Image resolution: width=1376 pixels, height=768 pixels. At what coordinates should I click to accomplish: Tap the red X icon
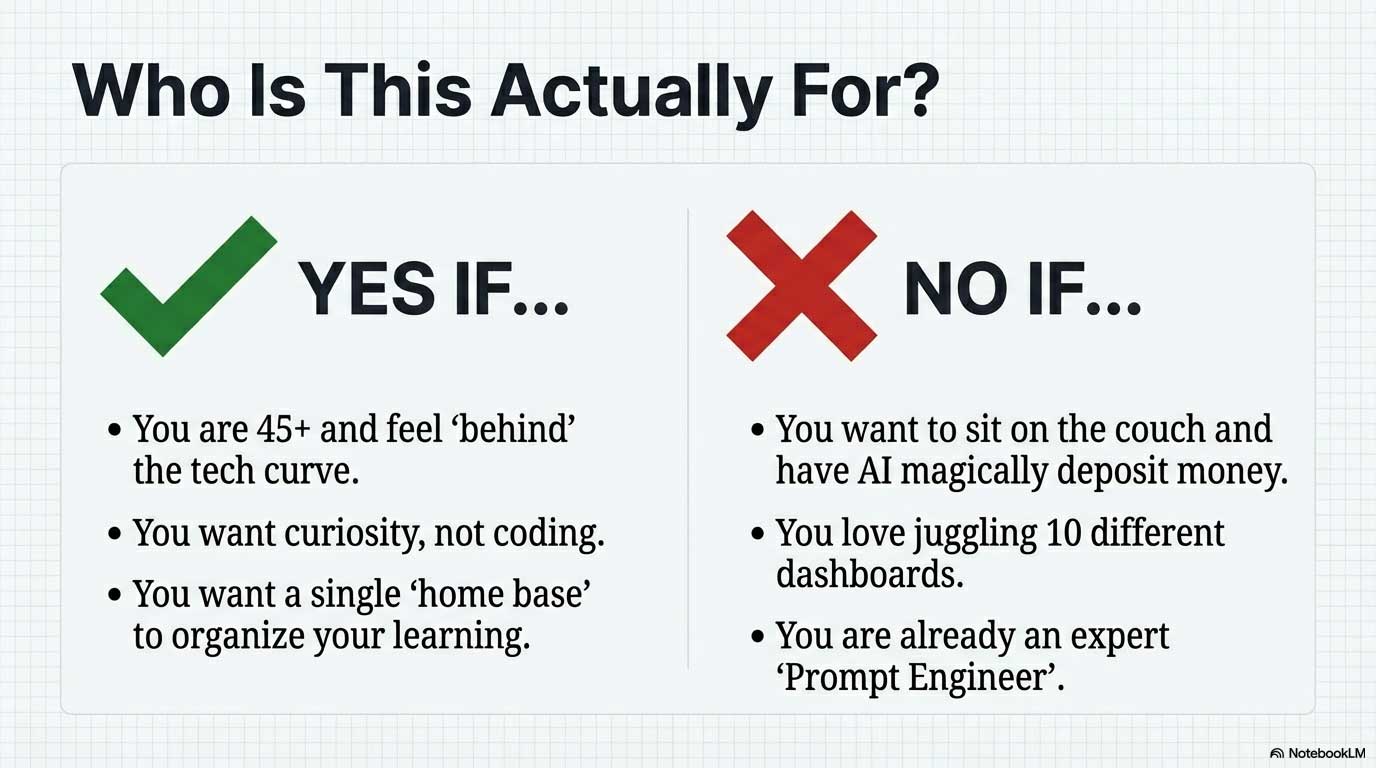[x=802, y=286]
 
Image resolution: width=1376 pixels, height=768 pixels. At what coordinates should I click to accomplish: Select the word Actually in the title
[x=631, y=92]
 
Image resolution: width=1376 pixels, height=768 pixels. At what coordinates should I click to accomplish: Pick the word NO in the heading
[x=957, y=289]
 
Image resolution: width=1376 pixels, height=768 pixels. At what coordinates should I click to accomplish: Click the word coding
[x=549, y=533]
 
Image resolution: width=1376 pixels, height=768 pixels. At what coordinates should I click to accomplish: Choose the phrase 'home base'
[x=499, y=594]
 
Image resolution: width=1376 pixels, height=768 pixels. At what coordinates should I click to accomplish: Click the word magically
[x=974, y=472]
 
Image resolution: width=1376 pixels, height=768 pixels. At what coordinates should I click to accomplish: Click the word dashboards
[x=869, y=574]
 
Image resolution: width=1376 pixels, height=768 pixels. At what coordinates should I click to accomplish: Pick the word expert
[x=1119, y=637]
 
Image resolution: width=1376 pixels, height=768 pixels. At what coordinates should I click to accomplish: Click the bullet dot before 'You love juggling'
[x=757, y=533]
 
